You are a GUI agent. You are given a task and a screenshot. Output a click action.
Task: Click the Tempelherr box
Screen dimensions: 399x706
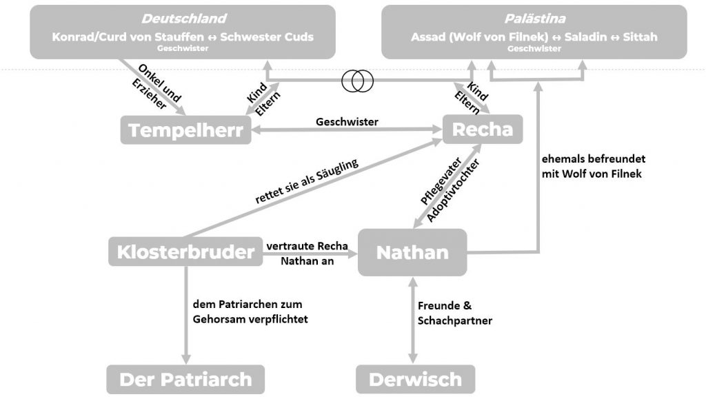pos(185,130)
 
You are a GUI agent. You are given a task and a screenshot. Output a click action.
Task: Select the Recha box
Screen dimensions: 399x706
pos(482,129)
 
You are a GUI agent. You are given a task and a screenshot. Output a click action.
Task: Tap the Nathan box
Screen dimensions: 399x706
pos(412,252)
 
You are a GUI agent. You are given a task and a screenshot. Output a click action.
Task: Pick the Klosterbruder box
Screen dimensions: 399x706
pos(185,252)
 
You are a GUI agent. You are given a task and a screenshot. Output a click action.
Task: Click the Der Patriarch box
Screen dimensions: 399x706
pos(185,379)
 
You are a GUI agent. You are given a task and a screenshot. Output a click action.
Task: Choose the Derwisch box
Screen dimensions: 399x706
pos(415,379)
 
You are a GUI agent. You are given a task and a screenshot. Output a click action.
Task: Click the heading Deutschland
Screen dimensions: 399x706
pos(183,19)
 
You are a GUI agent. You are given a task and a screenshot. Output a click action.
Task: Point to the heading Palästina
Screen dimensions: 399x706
pos(534,19)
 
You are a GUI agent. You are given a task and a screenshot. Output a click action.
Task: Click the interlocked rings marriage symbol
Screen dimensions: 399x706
pos(358,81)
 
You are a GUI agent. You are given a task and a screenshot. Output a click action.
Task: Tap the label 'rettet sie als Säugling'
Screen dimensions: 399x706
pos(306,182)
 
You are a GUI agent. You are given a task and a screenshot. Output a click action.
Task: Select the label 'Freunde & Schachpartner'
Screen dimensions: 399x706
pos(455,313)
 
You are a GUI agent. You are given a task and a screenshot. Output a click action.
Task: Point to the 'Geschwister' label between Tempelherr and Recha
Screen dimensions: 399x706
pos(347,121)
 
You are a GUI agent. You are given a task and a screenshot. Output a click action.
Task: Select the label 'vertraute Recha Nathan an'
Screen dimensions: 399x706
pos(307,254)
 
